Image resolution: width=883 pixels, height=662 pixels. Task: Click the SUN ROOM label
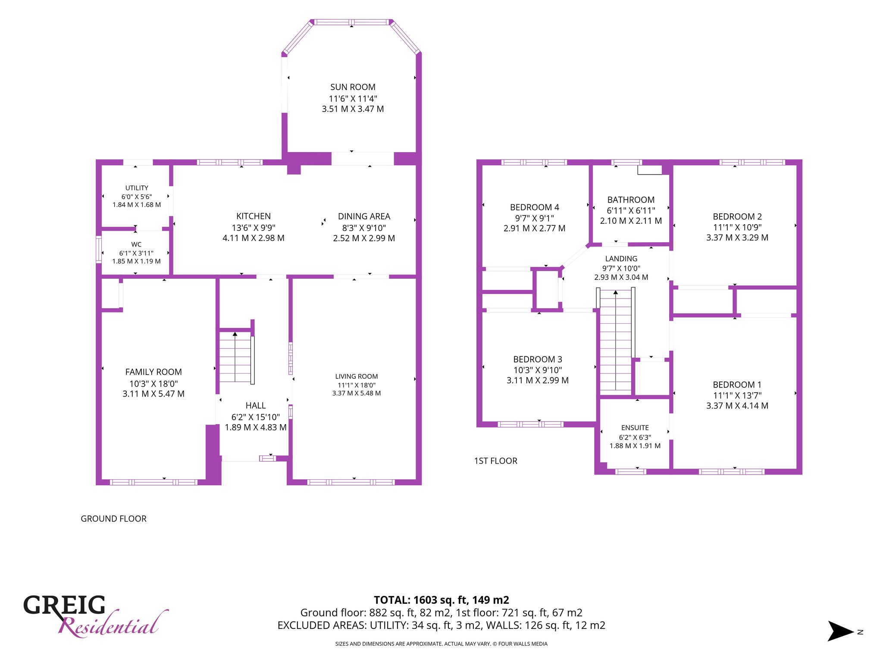(353, 87)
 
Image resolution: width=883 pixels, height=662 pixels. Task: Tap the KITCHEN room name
(254, 216)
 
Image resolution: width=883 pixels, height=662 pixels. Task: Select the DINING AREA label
(364, 216)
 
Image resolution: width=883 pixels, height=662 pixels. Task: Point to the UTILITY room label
(137, 188)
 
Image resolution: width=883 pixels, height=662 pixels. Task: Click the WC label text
(136, 244)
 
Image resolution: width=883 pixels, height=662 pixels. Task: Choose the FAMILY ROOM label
(153, 372)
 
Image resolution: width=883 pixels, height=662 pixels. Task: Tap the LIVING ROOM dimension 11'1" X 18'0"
(357, 385)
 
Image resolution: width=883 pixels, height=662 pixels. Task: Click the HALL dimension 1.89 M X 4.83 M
(256, 428)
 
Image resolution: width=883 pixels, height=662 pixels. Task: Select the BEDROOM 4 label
(535, 207)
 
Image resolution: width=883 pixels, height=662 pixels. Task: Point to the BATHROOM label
(631, 200)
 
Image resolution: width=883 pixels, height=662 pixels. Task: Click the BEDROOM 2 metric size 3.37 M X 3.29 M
(737, 237)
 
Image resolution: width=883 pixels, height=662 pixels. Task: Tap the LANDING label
(621, 259)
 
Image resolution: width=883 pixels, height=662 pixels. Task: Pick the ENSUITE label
(635, 428)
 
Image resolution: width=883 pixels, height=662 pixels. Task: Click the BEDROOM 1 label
(737, 385)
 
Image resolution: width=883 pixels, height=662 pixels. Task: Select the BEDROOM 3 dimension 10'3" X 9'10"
(538, 370)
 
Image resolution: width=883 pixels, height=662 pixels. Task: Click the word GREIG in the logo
(64, 605)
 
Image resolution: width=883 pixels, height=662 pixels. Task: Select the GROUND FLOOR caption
(114, 519)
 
